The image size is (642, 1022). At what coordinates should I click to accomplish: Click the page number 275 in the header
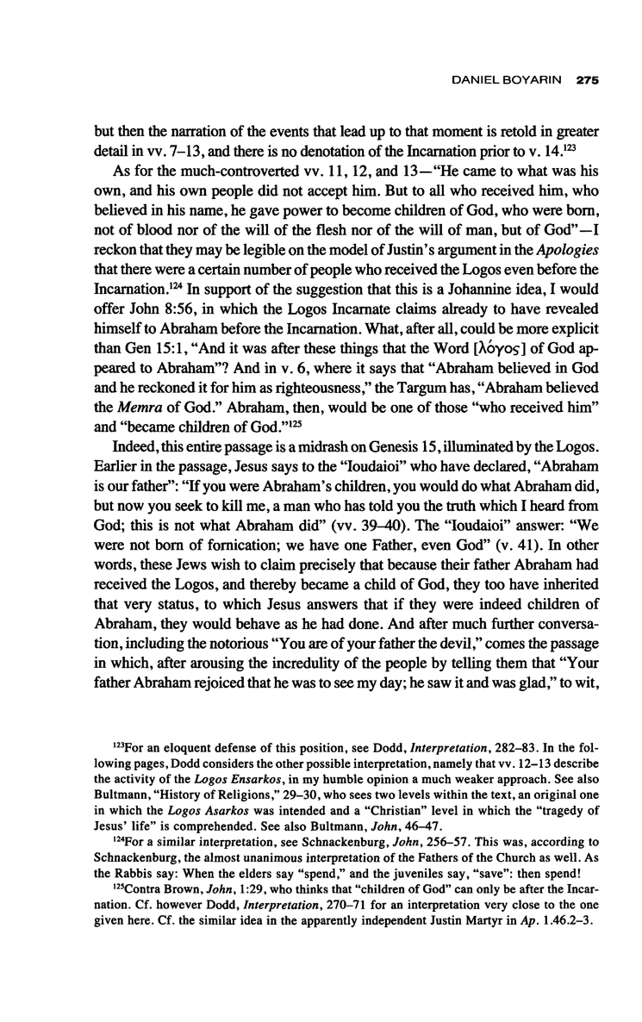(x=588, y=80)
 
